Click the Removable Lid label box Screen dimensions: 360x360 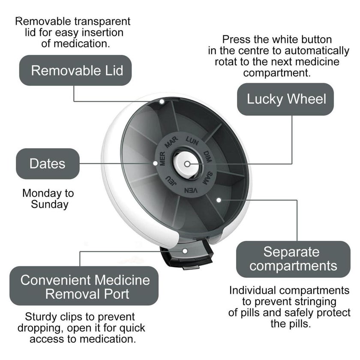[75, 70]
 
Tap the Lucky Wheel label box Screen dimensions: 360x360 [285, 99]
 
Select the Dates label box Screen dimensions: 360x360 [48, 164]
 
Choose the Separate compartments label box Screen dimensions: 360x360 [293, 259]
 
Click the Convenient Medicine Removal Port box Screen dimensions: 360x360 [84, 286]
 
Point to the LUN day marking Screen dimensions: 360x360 [192, 141]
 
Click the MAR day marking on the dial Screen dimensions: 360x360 [171, 142]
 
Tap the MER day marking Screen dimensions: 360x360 [162, 159]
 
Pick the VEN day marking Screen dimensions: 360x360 [191, 191]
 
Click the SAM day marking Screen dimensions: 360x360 [207, 178]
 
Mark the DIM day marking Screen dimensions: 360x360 [207, 156]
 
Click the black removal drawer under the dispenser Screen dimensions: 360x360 [186, 257]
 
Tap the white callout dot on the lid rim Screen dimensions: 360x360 [162, 101]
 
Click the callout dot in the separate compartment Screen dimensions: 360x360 [219, 200]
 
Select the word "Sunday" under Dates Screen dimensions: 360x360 [50, 204]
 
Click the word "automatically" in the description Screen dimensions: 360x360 [317, 51]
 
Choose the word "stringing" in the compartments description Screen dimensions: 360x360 [312, 302]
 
